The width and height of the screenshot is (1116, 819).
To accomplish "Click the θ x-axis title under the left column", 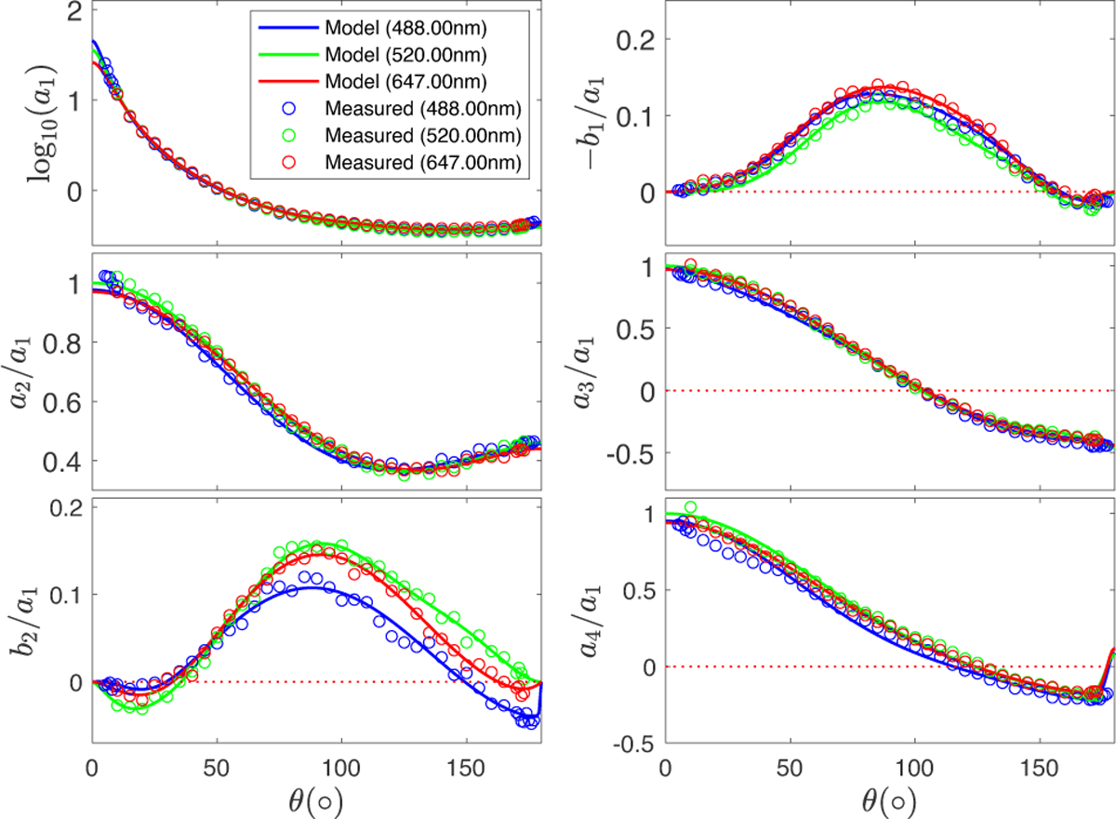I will (316, 799).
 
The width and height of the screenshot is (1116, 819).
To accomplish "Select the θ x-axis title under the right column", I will (889, 799).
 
